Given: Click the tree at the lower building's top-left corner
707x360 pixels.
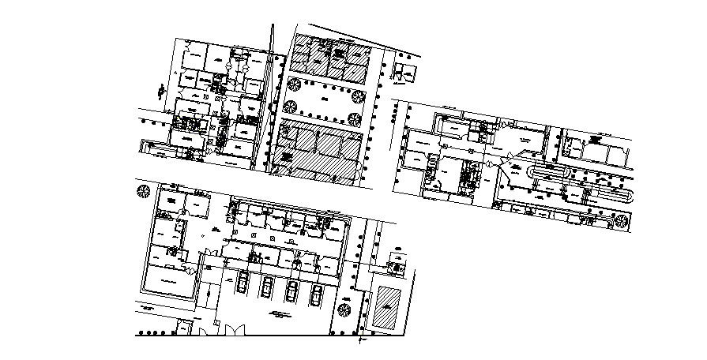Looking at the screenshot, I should tap(143, 191).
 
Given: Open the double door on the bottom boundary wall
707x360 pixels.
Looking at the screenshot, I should tap(224, 331).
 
